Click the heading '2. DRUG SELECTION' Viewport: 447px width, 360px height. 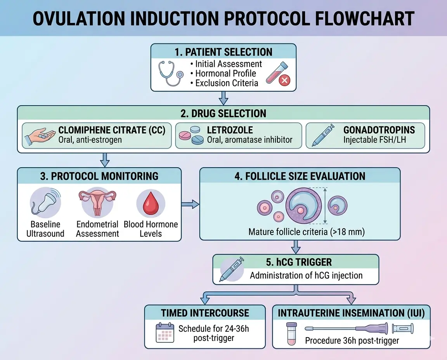[223, 113]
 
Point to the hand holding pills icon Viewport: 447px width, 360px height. [39, 135]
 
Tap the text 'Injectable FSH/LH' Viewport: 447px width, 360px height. [374, 140]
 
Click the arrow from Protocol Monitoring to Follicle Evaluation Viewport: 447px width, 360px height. [190, 204]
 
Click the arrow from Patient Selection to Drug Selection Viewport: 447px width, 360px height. [223, 98]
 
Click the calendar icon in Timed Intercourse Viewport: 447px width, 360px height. [165, 333]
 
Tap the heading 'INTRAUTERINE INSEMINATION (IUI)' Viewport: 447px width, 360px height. [351, 313]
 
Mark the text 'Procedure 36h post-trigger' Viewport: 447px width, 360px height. [352, 341]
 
